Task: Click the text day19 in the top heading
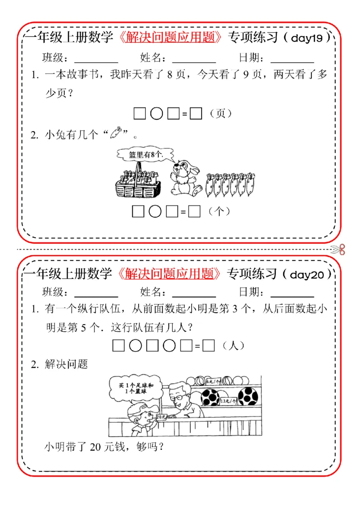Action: click(307, 39)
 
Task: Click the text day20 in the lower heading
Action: click(307, 275)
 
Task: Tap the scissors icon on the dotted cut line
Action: click(338, 249)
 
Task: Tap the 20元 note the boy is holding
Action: click(161, 417)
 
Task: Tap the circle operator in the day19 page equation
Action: click(156, 114)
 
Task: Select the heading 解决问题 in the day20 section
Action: click(66, 365)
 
